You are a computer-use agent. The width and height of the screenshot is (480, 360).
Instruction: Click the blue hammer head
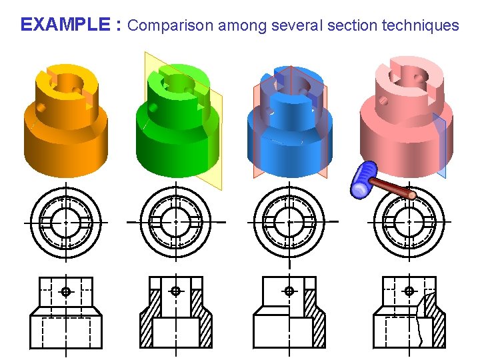pyautogui.click(x=365, y=180)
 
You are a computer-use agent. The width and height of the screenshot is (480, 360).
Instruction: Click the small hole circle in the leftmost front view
pyautogui.click(x=65, y=291)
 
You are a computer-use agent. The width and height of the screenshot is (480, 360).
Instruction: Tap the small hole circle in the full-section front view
pyautogui.click(x=175, y=291)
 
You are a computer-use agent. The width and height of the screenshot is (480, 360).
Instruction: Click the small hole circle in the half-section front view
pyautogui.click(x=289, y=291)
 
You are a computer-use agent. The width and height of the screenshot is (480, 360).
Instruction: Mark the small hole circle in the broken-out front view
pyautogui.click(x=409, y=291)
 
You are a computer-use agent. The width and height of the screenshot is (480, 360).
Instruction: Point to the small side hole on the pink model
pyautogui.click(x=383, y=101)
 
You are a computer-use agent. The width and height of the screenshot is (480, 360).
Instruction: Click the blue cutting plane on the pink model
pyautogui.click(x=439, y=143)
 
